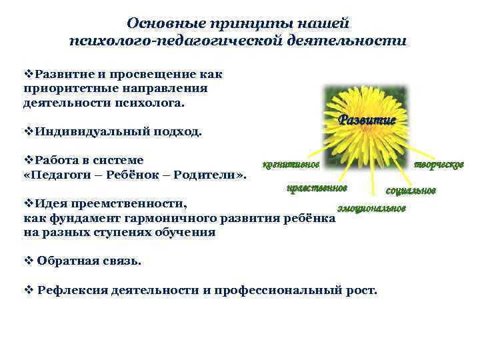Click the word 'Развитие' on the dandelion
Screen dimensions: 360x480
[367, 120]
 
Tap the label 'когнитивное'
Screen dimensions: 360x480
[291, 164]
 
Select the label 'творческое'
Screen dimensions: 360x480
[439, 164]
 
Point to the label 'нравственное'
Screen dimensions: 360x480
[317, 188]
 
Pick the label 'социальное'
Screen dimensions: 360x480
[411, 191]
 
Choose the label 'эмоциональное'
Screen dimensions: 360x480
[371, 209]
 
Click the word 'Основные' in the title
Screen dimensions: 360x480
[167, 23]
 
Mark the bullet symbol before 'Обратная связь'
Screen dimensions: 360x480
[27, 261]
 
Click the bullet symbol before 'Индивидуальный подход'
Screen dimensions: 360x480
[28, 131]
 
